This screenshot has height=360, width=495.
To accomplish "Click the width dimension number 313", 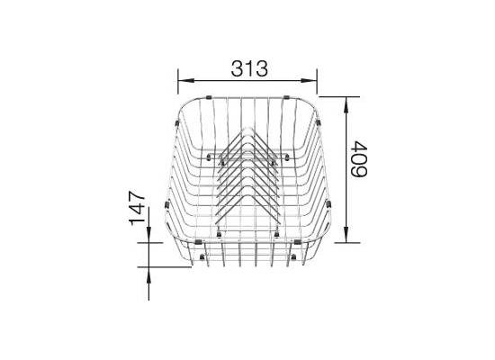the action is (x=249, y=68).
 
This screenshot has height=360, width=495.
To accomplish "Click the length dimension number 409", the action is (x=359, y=159).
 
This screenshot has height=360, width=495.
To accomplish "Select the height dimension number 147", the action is (x=137, y=208).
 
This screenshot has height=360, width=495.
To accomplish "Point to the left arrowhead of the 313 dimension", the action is (x=185, y=80).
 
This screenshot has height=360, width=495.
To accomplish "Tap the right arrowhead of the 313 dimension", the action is (x=309, y=80).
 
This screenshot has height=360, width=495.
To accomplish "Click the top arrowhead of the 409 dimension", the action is (x=346, y=104).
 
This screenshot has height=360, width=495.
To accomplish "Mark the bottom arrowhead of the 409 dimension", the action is (x=346, y=235).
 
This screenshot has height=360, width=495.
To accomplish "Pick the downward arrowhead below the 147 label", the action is (x=148, y=235).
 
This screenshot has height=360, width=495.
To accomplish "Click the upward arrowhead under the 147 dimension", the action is (x=148, y=274).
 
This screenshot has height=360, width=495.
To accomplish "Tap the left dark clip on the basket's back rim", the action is (x=209, y=97).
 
